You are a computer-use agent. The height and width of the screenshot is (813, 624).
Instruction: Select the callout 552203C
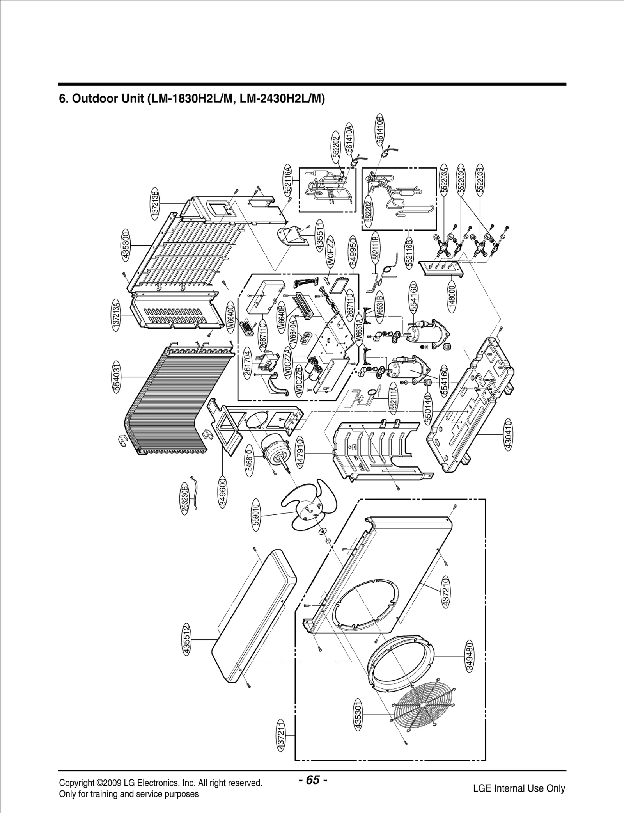[x=461, y=180]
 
